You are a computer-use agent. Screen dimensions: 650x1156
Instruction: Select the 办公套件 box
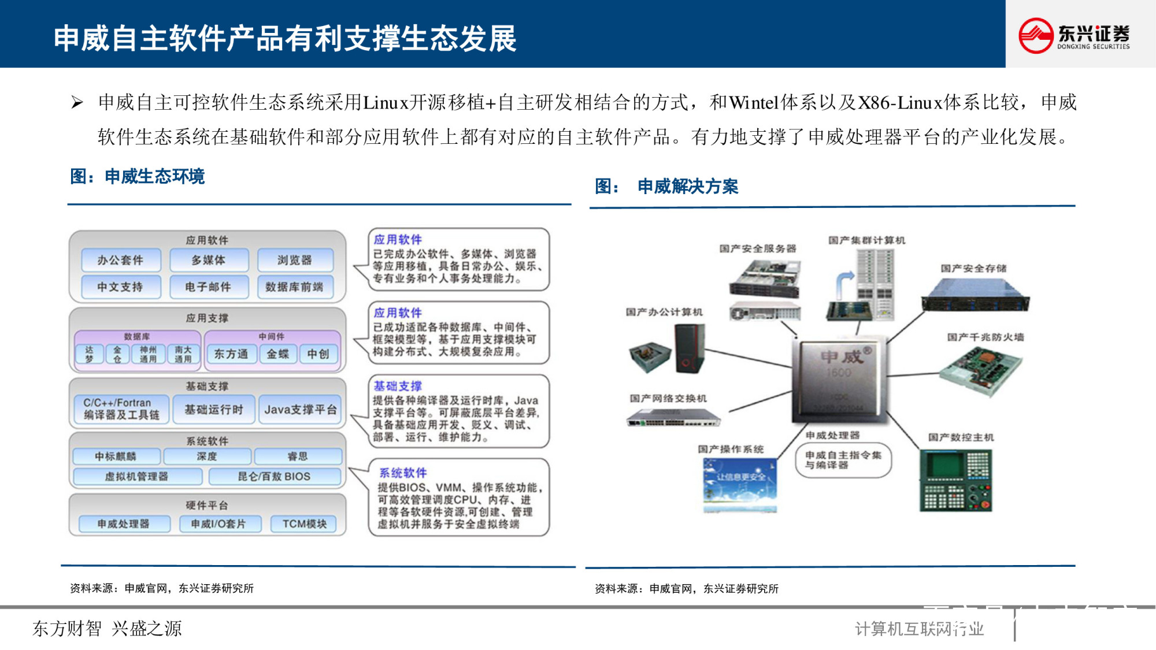pos(120,260)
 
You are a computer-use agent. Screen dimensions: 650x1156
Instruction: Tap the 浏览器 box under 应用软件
pos(295,260)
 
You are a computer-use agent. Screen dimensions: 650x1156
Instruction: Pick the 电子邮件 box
pos(208,287)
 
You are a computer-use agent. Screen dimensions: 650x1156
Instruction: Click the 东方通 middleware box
pos(231,354)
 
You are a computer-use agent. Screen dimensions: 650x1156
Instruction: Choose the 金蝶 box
pos(277,354)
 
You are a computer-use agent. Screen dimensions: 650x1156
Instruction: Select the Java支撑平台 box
pos(300,410)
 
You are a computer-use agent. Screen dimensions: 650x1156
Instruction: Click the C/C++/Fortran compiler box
pos(121,409)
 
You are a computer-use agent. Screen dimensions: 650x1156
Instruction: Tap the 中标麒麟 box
pos(116,456)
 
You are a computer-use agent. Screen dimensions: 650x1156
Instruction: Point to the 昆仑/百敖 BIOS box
pos(274,477)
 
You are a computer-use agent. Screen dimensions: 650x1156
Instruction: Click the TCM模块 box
pos(304,524)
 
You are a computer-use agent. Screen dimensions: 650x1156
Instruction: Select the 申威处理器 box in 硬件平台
pos(123,524)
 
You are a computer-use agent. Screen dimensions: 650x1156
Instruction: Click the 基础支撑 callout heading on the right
pos(398,386)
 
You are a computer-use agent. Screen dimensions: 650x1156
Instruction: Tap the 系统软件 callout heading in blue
pos(403,473)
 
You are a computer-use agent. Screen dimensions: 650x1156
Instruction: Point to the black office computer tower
pos(690,348)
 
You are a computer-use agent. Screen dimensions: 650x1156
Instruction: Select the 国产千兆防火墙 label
pos(985,337)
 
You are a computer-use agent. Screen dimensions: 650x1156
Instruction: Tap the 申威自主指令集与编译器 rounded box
pos(843,460)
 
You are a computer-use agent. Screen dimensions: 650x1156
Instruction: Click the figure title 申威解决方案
pos(688,187)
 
